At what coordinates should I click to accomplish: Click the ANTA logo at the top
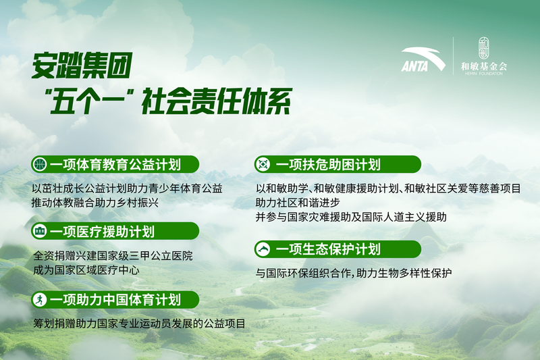click(x=423, y=60)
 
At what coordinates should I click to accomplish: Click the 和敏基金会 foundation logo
click(x=483, y=57)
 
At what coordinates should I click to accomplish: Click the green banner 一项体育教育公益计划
click(x=115, y=164)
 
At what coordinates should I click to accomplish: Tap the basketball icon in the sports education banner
click(x=40, y=164)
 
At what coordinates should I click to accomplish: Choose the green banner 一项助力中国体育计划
click(x=115, y=299)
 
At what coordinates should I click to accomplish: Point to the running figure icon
click(x=40, y=299)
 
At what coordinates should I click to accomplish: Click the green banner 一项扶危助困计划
click(x=337, y=164)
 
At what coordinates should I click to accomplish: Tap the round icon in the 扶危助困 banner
click(x=262, y=164)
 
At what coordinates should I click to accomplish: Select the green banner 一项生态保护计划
click(x=337, y=249)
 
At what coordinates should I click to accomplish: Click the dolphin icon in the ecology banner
click(x=262, y=249)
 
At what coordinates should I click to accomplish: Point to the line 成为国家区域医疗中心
click(x=86, y=269)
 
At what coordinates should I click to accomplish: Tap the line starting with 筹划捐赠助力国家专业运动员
click(x=138, y=324)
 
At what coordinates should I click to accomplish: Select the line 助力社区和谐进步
click(x=297, y=203)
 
